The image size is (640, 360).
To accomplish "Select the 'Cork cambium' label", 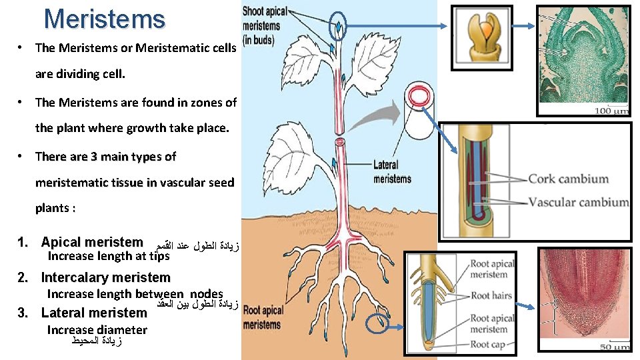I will click(568, 179).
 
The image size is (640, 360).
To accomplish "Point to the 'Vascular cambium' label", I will click(578, 202).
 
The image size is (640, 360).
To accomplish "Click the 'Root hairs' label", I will click(491, 295).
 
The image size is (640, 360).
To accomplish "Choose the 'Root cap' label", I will click(489, 344).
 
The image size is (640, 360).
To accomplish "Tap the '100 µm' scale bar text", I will click(611, 111).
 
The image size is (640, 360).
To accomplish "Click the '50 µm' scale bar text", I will click(614, 347).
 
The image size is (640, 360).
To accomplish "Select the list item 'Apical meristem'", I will click(92, 243).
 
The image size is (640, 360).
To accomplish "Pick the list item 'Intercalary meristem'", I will click(105, 277).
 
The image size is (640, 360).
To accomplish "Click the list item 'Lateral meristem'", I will click(94, 313).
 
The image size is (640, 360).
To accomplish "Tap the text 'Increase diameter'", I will click(97, 329).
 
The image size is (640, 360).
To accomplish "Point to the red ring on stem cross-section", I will click(419, 97).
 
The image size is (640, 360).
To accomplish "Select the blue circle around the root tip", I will click(381, 325).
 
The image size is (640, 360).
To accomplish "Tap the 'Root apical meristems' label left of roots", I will click(263, 317).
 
